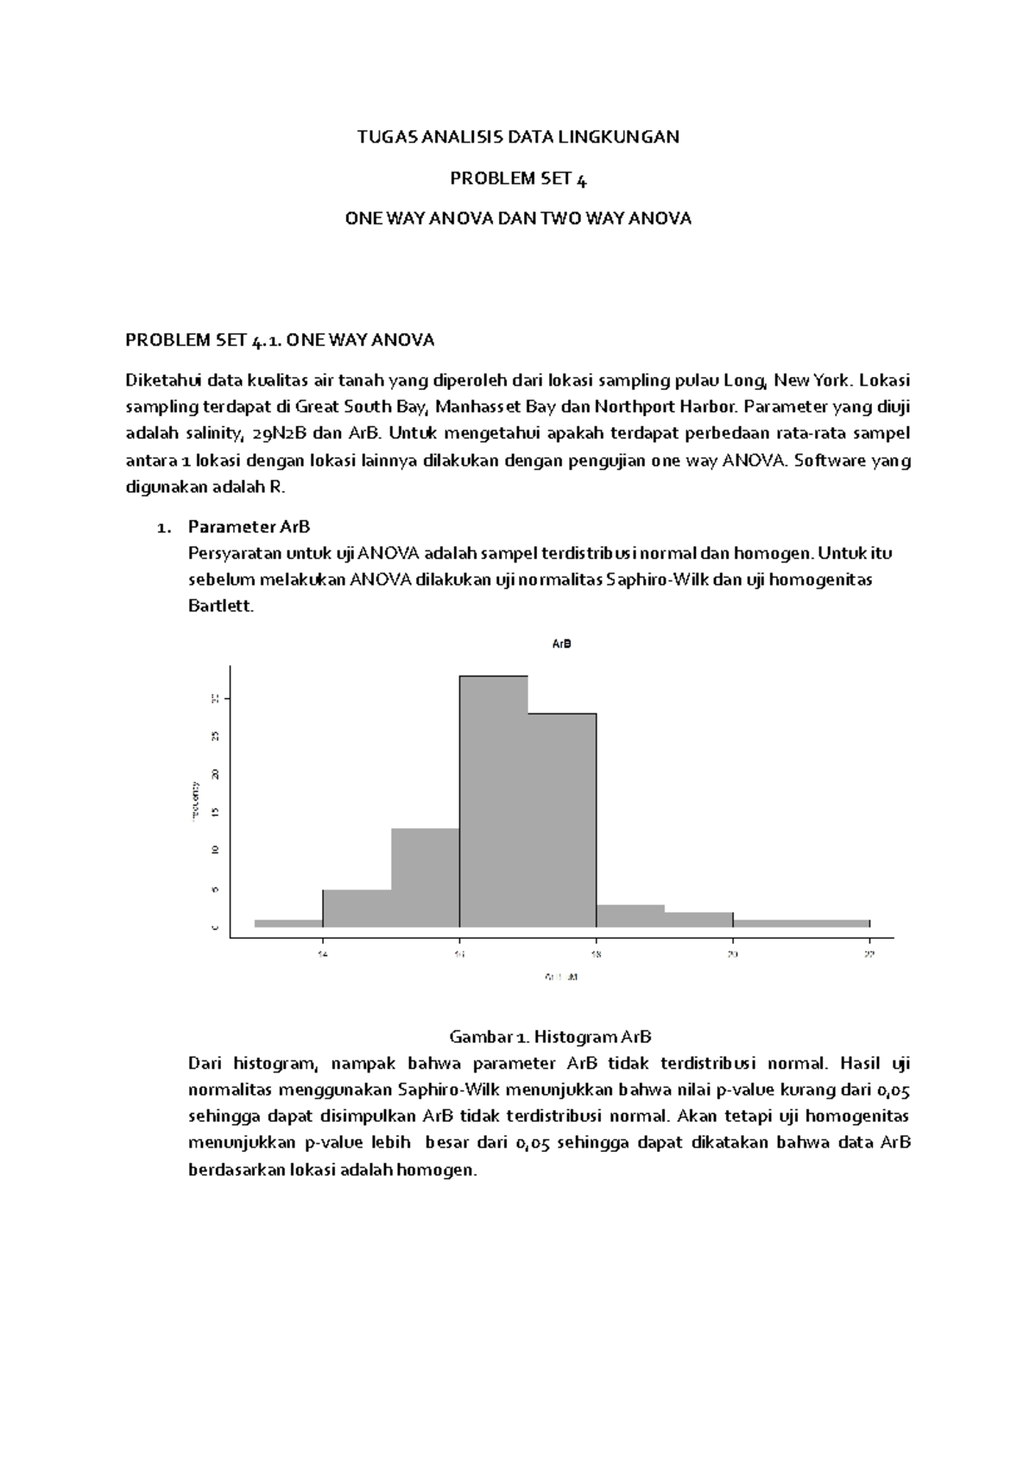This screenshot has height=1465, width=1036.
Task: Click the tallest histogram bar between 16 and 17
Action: coord(493,802)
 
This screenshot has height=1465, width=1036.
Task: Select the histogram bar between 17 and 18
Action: coord(561,820)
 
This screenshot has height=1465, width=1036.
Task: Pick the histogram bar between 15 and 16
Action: coord(425,877)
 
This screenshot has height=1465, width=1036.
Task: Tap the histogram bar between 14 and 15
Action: coord(357,909)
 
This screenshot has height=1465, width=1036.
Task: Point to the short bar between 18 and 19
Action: coord(629,916)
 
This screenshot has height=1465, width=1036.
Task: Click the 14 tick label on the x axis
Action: coord(322,954)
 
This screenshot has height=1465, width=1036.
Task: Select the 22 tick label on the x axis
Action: coord(869,954)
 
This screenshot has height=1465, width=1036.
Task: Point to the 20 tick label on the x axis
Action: coord(732,954)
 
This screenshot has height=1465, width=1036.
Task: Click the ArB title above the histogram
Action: coord(561,644)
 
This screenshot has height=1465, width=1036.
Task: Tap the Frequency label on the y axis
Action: coord(195,801)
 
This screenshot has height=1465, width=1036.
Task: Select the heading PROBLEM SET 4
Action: coord(518,179)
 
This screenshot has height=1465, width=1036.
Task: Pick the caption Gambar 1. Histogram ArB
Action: coord(550,1036)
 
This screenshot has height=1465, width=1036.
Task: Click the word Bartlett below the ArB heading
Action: coord(221,606)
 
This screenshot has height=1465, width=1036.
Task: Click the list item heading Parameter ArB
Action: coord(249,526)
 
